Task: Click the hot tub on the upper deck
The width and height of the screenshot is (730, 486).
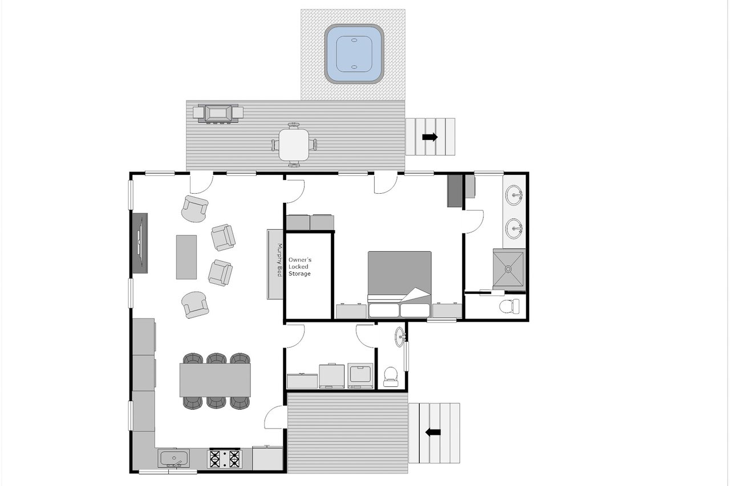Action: point(354,54)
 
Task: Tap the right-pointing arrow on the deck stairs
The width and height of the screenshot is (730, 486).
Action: point(430,137)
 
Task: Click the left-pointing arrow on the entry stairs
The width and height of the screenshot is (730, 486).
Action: point(433,432)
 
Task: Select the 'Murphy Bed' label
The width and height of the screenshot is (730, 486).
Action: point(279,260)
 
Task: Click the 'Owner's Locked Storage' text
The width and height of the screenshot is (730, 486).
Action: point(300,267)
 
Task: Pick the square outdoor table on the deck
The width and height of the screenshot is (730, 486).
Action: point(294,145)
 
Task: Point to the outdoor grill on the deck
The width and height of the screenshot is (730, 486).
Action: point(218,113)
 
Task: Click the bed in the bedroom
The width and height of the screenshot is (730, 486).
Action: point(400,284)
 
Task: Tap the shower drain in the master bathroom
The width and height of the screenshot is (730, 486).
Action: point(508,269)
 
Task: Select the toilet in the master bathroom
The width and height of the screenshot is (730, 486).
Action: point(510,307)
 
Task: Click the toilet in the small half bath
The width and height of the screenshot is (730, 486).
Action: point(391,376)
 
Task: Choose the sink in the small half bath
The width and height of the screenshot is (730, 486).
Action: point(400,337)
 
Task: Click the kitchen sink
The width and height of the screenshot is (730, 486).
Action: point(173,458)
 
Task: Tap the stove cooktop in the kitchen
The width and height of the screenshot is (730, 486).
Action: point(225,459)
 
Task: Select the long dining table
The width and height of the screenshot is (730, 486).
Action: point(215,380)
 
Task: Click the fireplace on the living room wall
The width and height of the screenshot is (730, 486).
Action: point(140,243)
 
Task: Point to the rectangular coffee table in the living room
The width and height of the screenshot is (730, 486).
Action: point(186,257)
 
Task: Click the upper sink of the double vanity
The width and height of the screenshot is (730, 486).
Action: point(514,195)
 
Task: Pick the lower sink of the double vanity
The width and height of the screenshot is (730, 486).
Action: point(514,228)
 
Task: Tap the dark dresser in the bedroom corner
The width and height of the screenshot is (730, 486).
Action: point(455,191)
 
